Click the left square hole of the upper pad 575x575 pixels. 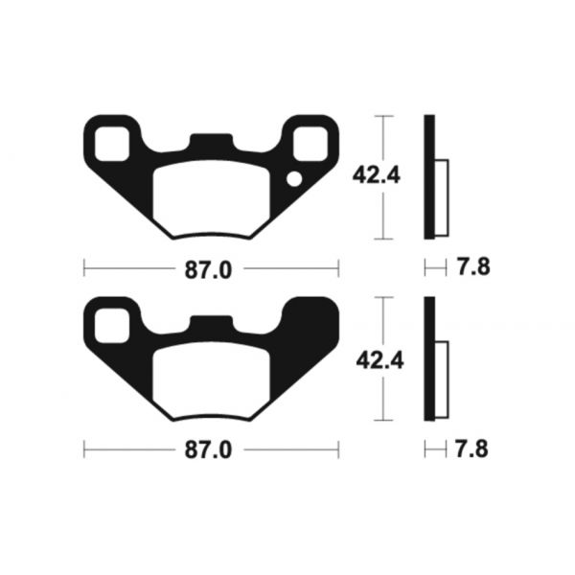[110, 140]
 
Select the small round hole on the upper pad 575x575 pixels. [296, 177]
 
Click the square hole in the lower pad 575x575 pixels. [110, 321]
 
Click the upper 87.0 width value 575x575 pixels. [210, 270]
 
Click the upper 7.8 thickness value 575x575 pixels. [474, 268]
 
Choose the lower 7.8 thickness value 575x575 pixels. [474, 448]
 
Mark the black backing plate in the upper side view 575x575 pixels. [429, 177]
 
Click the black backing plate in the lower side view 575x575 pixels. [429, 358]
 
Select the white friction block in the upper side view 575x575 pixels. [442, 196]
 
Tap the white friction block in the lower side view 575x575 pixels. [442, 379]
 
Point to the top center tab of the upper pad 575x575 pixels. [212, 142]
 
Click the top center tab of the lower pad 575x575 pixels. [212, 324]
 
